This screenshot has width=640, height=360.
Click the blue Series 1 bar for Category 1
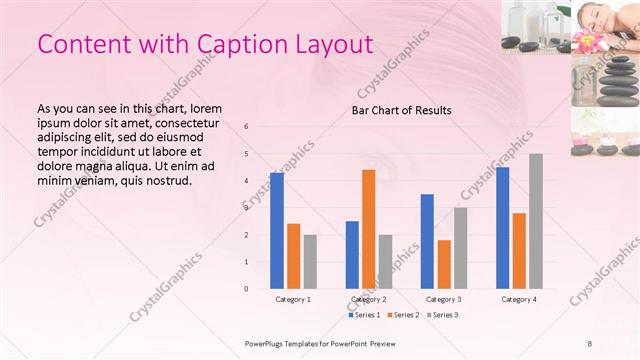tap(277, 231)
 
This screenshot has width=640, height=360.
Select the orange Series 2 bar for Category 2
tap(368, 229)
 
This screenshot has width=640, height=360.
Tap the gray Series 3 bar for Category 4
tap(536, 221)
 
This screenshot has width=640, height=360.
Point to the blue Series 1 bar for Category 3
tap(427, 241)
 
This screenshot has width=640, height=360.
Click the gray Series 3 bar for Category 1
tap(310, 262)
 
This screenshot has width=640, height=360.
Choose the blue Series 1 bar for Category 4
tap(502, 228)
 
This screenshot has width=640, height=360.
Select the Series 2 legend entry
tap(402, 315)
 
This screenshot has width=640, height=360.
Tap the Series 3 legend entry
tap(442, 315)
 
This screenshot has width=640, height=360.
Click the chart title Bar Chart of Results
tap(401, 110)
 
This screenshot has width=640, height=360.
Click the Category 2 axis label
tap(369, 299)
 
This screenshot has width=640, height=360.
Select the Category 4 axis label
tap(519, 299)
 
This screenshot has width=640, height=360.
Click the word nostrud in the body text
tap(164, 181)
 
